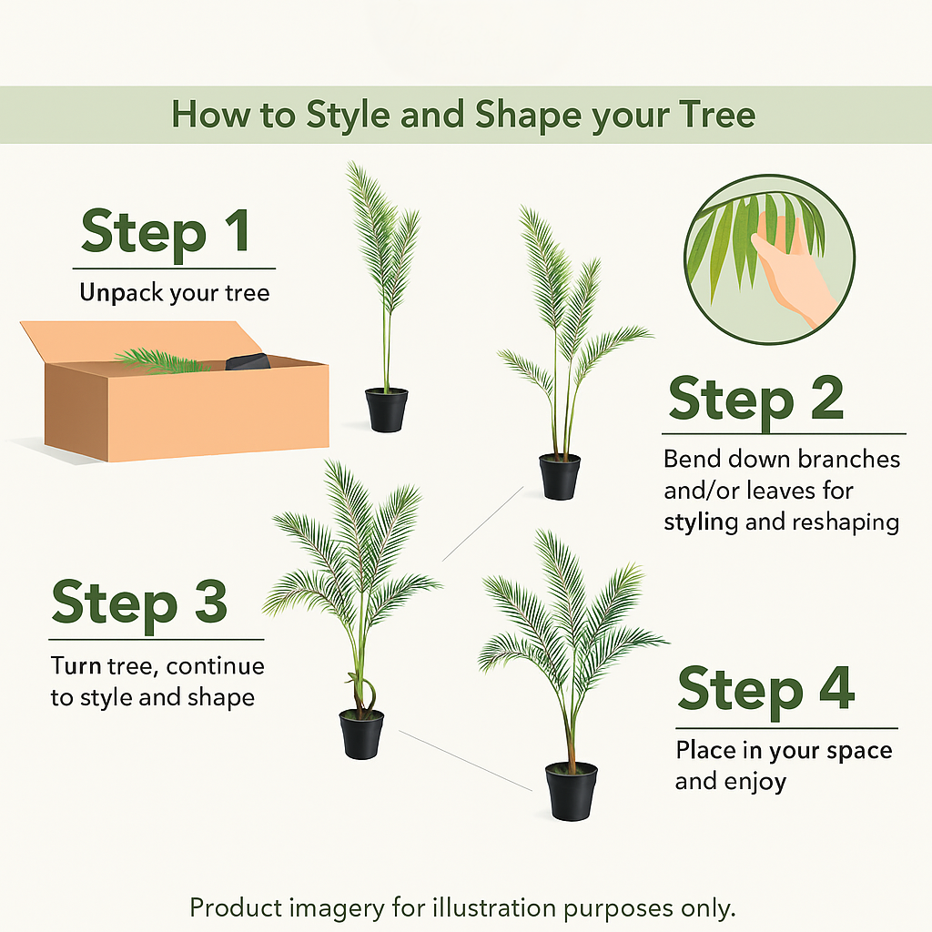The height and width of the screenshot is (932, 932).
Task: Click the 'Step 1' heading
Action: click(166, 232)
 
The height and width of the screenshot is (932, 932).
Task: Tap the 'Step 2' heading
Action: click(756, 399)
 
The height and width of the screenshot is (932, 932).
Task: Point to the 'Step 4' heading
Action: click(766, 690)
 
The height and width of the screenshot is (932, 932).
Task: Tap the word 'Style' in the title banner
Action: click(348, 116)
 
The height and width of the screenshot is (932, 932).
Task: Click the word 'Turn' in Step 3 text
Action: click(76, 665)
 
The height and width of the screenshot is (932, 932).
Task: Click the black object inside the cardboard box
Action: click(248, 361)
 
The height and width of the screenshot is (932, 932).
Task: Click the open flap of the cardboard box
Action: click(141, 340)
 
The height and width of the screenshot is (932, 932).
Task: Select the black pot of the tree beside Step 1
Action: click(386, 410)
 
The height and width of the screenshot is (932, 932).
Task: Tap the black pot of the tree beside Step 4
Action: click(572, 792)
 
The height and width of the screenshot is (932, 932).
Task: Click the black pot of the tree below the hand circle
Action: click(560, 477)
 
